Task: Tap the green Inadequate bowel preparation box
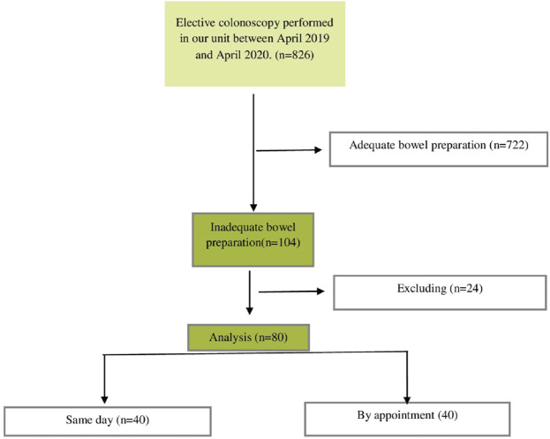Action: tap(254, 238)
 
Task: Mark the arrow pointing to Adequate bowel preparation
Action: tap(291, 150)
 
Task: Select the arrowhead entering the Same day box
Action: tap(105, 398)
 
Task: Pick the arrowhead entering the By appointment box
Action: tap(408, 397)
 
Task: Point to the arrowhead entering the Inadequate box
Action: tap(254, 206)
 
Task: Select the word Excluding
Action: tap(412, 289)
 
